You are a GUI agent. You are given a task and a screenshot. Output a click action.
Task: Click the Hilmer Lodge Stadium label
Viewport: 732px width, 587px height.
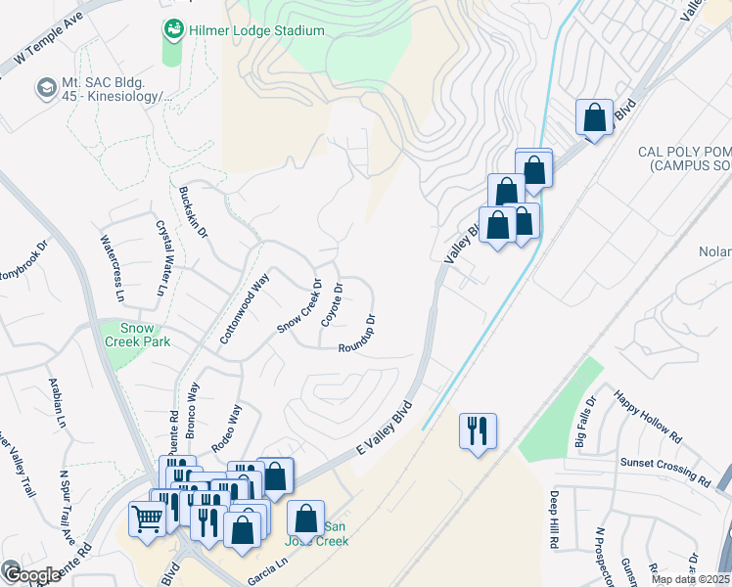257,30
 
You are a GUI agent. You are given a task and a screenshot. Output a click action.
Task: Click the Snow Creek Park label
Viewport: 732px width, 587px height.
144,335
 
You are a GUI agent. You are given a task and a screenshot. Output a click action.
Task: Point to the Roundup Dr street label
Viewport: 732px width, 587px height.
358,334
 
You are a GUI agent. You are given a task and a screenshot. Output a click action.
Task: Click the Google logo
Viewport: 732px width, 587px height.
31,575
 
